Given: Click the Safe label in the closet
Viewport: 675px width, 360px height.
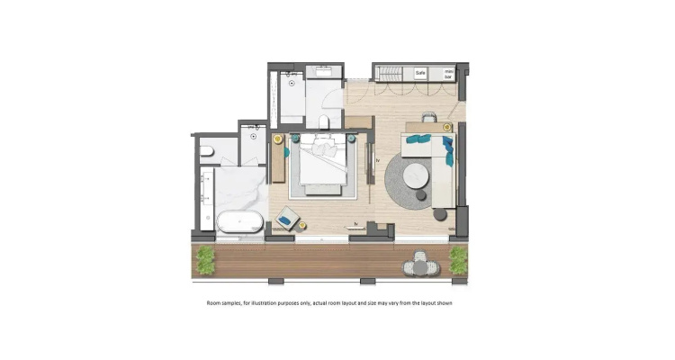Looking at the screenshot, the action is [420, 73].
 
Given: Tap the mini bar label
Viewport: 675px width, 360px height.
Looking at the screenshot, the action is [448, 74].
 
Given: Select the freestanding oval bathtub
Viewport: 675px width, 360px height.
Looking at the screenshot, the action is [239, 221].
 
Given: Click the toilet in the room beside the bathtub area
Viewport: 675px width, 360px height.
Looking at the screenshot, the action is [207, 151].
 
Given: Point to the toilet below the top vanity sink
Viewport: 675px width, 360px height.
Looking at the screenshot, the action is [324, 121].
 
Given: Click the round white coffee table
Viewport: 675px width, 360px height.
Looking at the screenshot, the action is [416, 175].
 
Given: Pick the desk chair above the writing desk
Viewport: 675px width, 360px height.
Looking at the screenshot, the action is [429, 117].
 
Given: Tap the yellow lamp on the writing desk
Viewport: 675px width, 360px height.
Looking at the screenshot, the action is [446, 127].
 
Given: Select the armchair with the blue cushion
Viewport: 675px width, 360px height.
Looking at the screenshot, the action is [287, 219].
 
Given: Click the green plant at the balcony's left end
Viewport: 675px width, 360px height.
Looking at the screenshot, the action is [205, 260].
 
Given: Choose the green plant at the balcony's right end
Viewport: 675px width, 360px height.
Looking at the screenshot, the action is [458, 260].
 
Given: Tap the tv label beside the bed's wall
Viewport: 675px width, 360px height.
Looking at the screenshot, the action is [378, 160].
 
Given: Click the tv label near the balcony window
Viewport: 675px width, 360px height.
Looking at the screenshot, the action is [356, 223].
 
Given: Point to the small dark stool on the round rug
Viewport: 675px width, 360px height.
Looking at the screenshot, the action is [421, 195].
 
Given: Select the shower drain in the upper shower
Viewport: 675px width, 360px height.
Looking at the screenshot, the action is [292, 83].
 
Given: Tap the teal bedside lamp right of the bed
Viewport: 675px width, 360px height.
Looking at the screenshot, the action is [351, 139].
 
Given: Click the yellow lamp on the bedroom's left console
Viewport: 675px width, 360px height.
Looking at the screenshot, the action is [278, 139].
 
